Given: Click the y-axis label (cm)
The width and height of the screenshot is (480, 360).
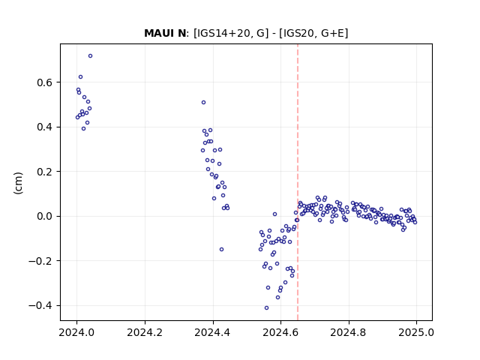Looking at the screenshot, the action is point(18,183).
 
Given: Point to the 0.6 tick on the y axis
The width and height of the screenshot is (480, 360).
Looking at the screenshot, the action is point(45,82).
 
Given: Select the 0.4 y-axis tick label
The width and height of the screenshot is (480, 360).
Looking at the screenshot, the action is point(45,127).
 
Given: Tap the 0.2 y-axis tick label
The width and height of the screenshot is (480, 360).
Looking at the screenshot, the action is point(45,172).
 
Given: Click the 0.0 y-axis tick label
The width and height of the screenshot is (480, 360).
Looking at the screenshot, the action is point(45,217).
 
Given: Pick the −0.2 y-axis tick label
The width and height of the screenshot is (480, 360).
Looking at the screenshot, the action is point(41,261).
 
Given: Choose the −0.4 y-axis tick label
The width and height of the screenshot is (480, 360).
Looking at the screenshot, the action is point(41,305).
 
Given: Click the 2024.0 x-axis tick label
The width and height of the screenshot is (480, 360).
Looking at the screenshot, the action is point(76,332).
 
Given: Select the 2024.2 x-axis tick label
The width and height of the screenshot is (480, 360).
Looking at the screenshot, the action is point(145,332).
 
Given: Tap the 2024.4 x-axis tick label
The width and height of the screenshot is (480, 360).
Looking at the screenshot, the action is point(212,332).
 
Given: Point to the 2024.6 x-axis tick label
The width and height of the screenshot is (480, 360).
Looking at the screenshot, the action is point(280,332).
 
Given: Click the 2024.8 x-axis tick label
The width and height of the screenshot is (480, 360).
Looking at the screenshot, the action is point(348,332).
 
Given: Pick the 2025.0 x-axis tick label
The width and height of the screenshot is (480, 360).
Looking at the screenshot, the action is point(416,332).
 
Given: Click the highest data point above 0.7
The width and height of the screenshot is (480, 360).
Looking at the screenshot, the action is point(90,56).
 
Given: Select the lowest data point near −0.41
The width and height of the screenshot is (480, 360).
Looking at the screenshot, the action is point(267,308).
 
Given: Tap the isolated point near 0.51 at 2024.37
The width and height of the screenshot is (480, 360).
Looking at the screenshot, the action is point(203,103).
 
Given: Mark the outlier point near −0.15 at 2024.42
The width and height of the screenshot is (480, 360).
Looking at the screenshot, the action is point(222,250).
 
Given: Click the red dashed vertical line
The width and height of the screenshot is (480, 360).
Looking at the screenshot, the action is point(298,182).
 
